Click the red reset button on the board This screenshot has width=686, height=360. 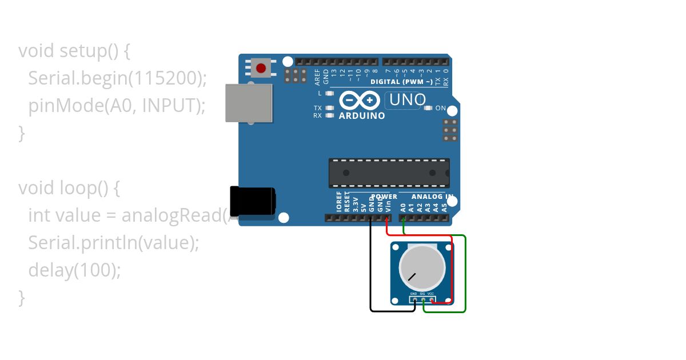click(x=261, y=69)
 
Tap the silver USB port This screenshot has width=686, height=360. click(x=249, y=103)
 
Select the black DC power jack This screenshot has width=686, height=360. click(x=252, y=202)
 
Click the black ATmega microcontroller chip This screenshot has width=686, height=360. click(x=389, y=173)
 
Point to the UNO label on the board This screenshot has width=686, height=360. click(x=407, y=100)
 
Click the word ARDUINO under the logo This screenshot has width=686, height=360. click(x=362, y=115)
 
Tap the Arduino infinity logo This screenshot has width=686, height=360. click(x=359, y=101)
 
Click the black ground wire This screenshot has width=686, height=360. click(x=371, y=269)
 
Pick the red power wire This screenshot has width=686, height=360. click(x=452, y=269)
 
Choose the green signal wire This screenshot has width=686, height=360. click(x=465, y=274)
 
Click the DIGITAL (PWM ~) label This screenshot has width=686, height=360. click(x=402, y=82)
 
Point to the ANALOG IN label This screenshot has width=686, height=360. click(x=433, y=197)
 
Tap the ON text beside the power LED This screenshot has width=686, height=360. click(x=441, y=108)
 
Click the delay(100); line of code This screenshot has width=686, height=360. click(x=74, y=270)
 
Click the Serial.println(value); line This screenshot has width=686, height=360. click(x=113, y=243)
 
